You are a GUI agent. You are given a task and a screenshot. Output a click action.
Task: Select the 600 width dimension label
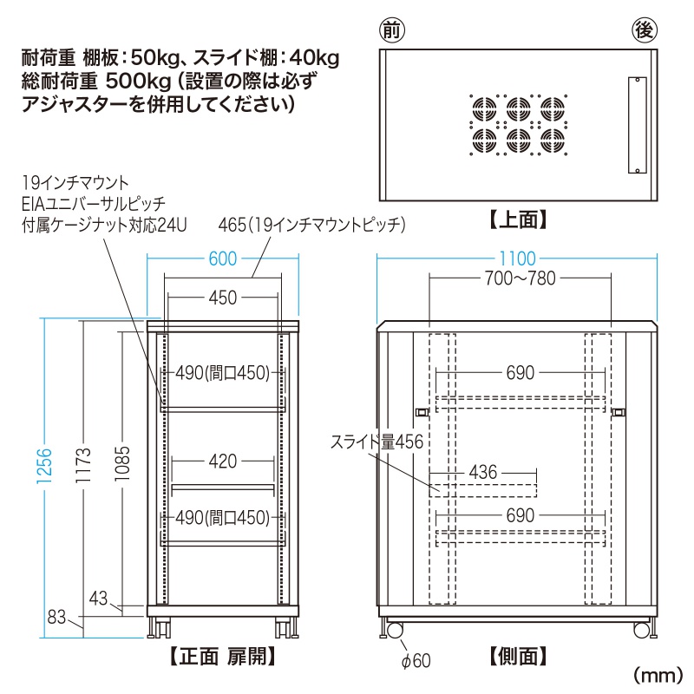point(224,259)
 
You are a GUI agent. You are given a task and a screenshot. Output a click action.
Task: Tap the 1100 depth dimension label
point(519,259)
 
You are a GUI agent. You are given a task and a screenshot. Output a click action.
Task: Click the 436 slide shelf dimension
point(484,472)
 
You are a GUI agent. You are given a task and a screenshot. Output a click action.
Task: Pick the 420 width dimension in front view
point(223,462)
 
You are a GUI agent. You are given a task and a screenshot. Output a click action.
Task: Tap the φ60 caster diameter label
point(416,662)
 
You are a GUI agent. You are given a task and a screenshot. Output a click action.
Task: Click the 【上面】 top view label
point(519,220)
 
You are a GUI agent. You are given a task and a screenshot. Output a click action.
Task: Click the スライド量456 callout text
point(376,442)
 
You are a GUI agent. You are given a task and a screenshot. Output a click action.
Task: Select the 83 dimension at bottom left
point(57,618)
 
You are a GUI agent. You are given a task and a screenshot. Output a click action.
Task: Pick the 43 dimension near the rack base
point(100,598)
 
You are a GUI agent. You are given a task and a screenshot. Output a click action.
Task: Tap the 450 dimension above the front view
point(223,298)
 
